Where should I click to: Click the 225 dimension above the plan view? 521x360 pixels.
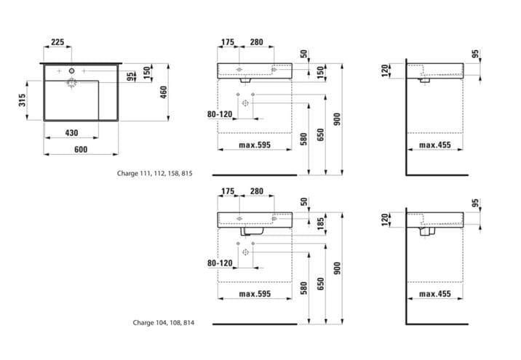point(57,42)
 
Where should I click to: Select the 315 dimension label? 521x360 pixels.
point(22,100)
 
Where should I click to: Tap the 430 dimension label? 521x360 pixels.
point(71,133)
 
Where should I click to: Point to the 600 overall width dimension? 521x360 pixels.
point(81,150)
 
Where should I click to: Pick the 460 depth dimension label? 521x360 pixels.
point(164,92)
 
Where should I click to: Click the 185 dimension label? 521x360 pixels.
point(320,223)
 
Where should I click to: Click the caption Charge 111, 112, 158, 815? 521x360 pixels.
point(154,173)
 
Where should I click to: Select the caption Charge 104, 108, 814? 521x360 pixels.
point(164,322)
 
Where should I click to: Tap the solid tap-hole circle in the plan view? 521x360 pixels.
point(71,71)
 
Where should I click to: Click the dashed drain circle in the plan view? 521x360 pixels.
point(71,82)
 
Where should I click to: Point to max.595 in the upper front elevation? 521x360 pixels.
point(255,145)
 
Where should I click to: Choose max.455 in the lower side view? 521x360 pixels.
point(435,294)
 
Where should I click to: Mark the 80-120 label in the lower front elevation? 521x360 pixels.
point(220,263)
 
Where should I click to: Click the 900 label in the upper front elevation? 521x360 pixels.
point(337,119)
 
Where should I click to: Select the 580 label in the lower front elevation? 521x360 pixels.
point(303,288)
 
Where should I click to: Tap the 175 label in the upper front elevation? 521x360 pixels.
point(228,42)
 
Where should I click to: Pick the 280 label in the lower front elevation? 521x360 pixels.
point(257,191)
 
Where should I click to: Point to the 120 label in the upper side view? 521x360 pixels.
point(385,71)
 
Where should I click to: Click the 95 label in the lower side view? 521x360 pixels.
point(476,203)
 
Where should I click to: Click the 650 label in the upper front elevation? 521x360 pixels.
point(320,135)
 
